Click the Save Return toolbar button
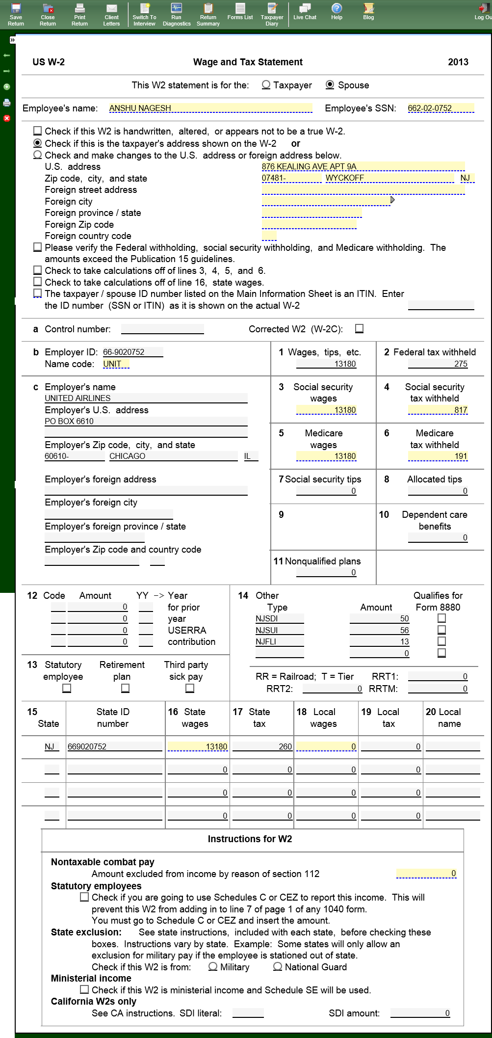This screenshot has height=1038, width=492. click(x=16, y=14)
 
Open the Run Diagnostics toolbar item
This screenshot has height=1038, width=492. click(x=177, y=14)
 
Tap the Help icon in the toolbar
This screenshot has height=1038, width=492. click(x=337, y=12)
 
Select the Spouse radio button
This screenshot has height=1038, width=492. click(x=330, y=85)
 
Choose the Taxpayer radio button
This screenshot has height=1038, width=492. click(x=266, y=85)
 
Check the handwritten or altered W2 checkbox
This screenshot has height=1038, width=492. click(x=37, y=131)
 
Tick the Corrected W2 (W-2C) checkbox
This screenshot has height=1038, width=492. click(x=360, y=329)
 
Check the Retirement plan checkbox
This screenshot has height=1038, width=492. click(x=126, y=688)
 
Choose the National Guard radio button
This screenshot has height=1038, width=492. click(x=278, y=966)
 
